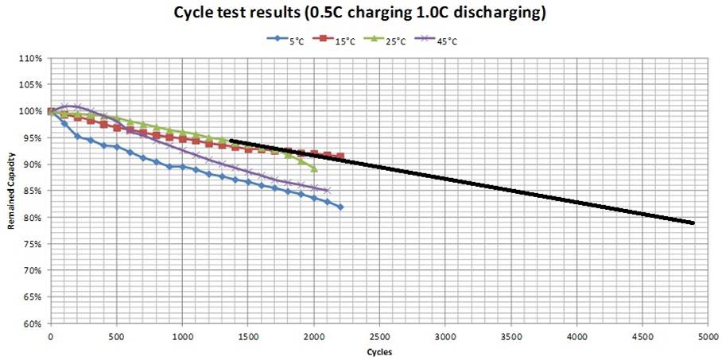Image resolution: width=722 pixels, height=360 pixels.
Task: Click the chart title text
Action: pyautogui.click(x=360, y=14)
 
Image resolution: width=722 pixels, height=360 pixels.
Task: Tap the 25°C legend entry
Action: pyautogui.click(x=387, y=38)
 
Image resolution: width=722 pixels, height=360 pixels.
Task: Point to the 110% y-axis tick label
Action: pyautogui.click(x=31, y=58)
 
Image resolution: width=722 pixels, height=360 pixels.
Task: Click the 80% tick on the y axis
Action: pyautogui.click(x=33, y=218)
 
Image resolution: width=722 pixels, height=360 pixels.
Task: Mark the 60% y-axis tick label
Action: pyautogui.click(x=33, y=324)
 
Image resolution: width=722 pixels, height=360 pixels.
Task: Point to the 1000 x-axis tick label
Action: pyautogui.click(x=182, y=337)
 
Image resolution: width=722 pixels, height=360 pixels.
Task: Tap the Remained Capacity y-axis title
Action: pyautogui.click(x=11, y=192)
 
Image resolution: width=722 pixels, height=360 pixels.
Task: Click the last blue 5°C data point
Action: pyautogui.click(x=340, y=207)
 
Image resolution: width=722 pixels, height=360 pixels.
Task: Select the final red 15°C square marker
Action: pyautogui.click(x=340, y=157)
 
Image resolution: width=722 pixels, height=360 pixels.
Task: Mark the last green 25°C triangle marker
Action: pyautogui.click(x=314, y=168)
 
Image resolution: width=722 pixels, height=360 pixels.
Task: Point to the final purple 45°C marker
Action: pyautogui.click(x=327, y=190)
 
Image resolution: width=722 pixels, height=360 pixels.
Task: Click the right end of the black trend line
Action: pyautogui.click(x=693, y=223)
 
